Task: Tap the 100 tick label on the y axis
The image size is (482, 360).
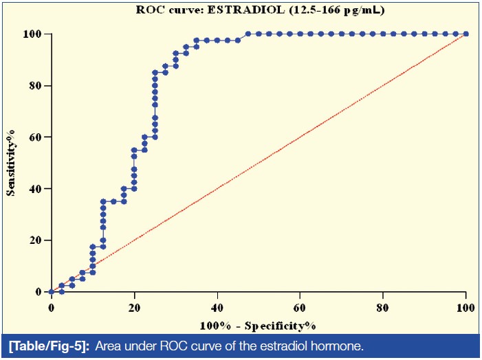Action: (34, 34)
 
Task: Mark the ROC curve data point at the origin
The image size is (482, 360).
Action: (51, 291)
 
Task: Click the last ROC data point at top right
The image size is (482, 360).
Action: (465, 34)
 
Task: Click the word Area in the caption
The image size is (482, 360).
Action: (107, 344)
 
